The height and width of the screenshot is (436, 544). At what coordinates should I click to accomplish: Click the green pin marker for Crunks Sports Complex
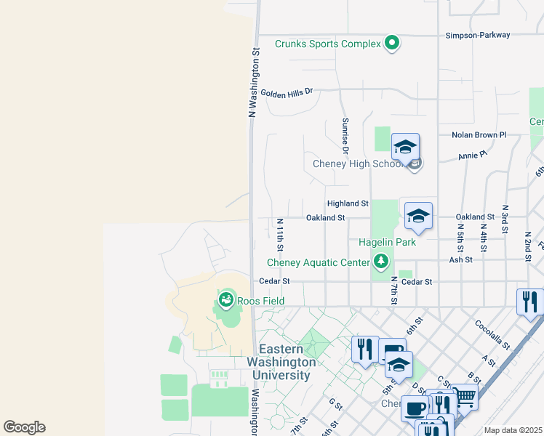pos(392,44)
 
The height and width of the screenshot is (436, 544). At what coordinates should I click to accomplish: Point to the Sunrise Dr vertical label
pos(345,136)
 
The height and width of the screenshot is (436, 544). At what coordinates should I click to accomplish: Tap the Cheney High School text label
pos(357,163)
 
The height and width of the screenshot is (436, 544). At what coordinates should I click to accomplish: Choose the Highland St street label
pos(348,204)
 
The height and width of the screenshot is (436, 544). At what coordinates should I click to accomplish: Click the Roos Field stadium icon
pos(227,299)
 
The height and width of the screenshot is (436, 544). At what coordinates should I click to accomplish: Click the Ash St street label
pos(460,259)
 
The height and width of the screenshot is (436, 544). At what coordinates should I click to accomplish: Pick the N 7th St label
pos(393,290)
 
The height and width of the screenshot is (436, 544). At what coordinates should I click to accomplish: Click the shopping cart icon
pos(464,397)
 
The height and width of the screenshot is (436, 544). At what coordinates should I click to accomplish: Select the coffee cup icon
pos(415,408)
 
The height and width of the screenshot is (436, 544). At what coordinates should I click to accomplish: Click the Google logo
pos(24,427)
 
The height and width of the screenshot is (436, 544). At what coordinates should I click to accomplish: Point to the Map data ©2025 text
pos(512,430)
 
